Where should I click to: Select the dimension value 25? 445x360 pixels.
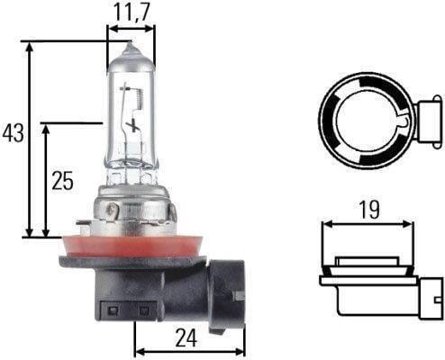tap(62, 181)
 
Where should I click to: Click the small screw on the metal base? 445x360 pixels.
tap(111, 211)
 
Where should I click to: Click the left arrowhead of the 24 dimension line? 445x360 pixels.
tap(138, 352)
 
